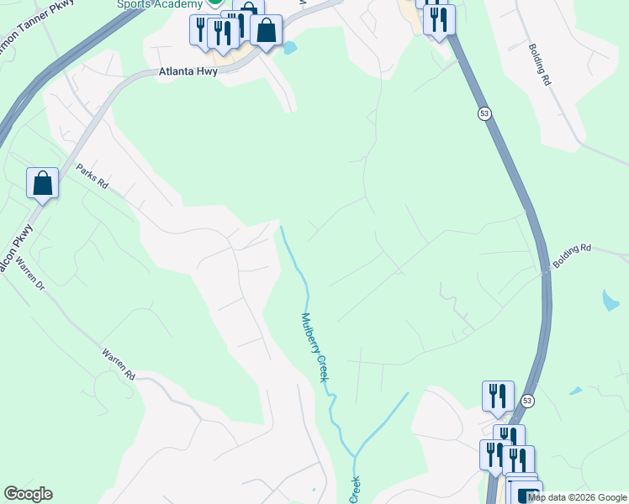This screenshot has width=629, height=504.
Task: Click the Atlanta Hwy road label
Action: click(x=188, y=72)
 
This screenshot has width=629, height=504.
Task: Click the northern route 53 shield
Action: click(x=484, y=113)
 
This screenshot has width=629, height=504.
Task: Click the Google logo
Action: click(x=28, y=494)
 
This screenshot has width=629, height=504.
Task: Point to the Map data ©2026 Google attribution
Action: click(x=577, y=497)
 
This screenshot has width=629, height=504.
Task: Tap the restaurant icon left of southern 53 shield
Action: click(x=498, y=396)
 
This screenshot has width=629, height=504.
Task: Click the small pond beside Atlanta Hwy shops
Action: click(x=290, y=48)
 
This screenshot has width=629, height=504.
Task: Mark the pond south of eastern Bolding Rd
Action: click(x=610, y=299)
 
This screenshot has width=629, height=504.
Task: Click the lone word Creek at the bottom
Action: click(x=355, y=491)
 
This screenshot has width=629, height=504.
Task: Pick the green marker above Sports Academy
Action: click(x=215, y=3)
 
